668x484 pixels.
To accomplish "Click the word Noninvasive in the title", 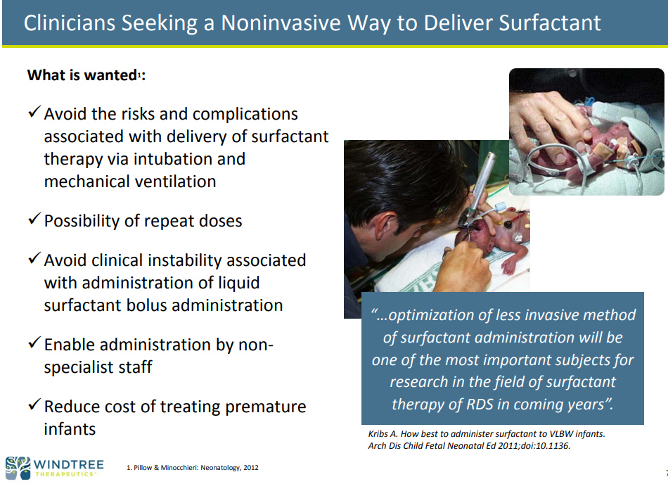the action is point(281,23).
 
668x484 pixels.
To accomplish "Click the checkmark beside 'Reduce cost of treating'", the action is point(34,405).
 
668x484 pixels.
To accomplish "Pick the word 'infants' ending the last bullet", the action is point(70,429).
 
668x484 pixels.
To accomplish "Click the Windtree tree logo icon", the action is point(18,468).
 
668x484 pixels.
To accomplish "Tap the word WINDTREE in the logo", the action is point(69,464).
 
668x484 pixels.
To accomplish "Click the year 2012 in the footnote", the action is point(251,467).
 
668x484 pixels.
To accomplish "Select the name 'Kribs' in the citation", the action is point(378,434).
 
